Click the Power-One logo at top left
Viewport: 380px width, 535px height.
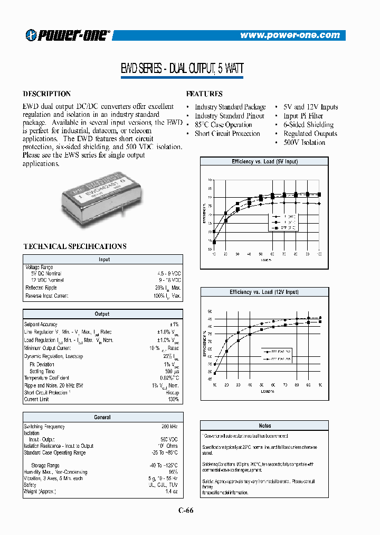pyautogui.click(x=68, y=35)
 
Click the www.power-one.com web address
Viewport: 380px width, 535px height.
pyautogui.click(x=290, y=35)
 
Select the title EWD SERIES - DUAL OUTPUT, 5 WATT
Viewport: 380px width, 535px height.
pyautogui.click(x=183, y=69)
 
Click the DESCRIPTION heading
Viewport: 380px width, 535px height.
pyautogui.click(x=46, y=94)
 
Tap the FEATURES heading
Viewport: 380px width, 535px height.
pyautogui.click(x=205, y=94)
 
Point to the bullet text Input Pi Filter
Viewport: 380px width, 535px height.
pyautogui.click(x=303, y=116)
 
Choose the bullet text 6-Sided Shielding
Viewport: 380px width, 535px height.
pyautogui.click(x=308, y=125)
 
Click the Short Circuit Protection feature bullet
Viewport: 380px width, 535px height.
pyautogui.click(x=227, y=134)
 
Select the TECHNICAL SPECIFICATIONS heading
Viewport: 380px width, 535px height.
pyautogui.click(x=75, y=246)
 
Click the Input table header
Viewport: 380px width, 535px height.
pyautogui.click(x=104, y=260)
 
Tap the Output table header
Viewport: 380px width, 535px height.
pyautogui.click(x=102, y=314)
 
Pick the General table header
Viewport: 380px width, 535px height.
pyautogui.click(x=102, y=418)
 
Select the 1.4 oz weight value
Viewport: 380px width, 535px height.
pyautogui.click(x=173, y=492)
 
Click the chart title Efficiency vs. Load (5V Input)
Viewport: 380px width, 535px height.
pyautogui.click(x=264, y=162)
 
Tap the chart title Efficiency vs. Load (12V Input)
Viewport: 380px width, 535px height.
pyautogui.click(x=264, y=292)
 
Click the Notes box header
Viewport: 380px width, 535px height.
pyautogui.click(x=265, y=426)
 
